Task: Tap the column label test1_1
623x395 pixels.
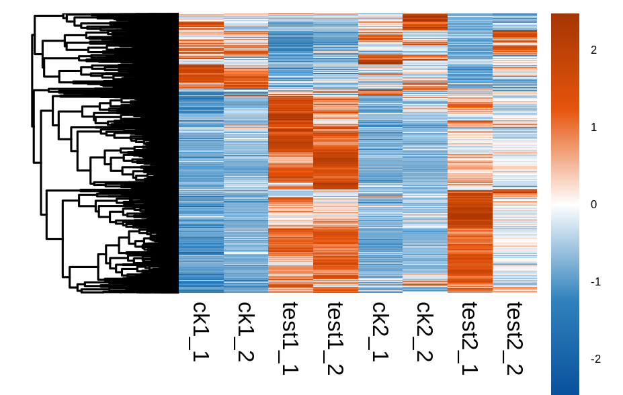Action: pos(290,337)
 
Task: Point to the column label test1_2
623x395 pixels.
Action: pos(335,337)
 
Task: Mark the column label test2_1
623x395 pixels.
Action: pos(470,337)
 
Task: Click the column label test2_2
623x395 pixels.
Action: pos(515,337)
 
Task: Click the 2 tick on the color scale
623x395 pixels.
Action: pos(593,50)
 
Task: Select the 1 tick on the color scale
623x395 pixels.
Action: pos(593,127)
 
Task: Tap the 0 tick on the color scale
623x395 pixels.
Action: pos(593,204)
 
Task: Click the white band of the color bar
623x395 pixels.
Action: pos(565,204)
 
